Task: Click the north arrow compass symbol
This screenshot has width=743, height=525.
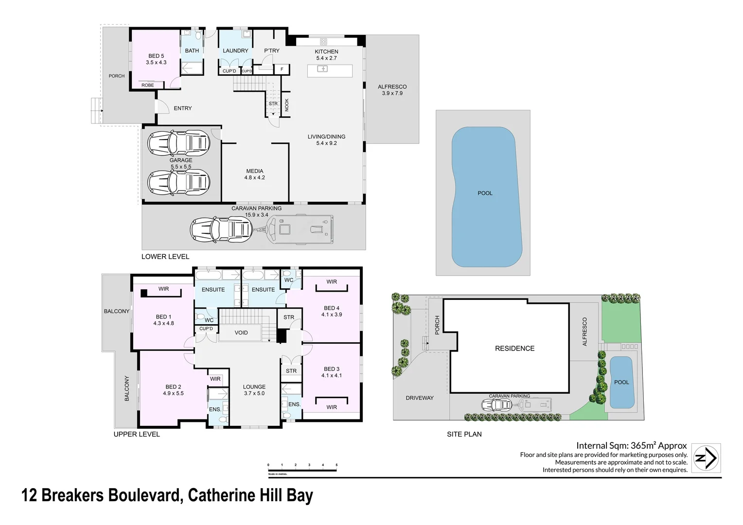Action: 706,458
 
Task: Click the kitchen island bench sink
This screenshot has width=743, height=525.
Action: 322,69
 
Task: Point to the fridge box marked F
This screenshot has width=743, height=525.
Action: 282,70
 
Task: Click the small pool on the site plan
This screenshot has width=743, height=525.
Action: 621,382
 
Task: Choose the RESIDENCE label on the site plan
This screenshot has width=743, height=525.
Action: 514,349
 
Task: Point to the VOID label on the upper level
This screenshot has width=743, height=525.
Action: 241,333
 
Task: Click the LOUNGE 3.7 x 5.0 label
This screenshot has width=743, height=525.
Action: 254,390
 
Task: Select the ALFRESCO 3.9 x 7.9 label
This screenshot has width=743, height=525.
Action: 392,90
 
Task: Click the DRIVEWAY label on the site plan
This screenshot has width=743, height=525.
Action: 419,398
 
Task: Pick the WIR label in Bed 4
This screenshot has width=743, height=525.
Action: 332,282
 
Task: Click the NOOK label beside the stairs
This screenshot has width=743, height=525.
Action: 286,105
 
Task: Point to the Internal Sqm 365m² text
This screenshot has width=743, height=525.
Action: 631,445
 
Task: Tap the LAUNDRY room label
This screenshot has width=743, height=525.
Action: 235,51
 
